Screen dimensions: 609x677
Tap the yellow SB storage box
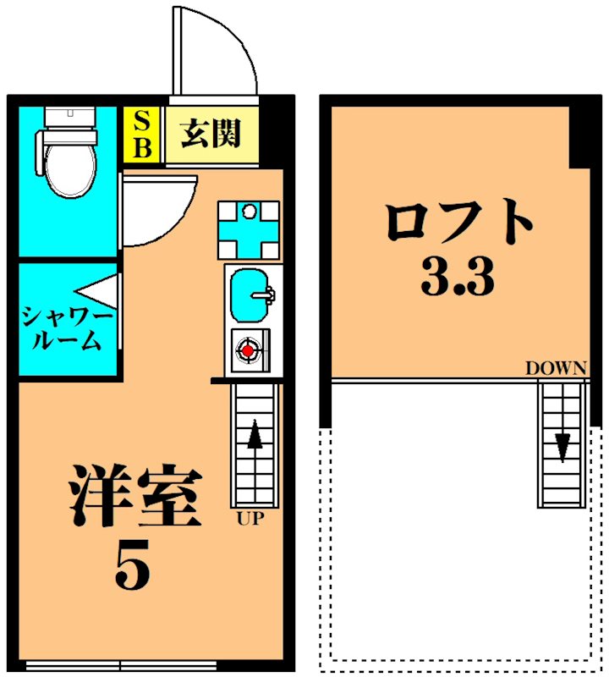click(x=141, y=135)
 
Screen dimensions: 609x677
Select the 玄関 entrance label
click(x=211, y=134)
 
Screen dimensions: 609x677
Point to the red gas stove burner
click(x=248, y=350)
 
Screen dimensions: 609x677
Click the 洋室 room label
click(x=135, y=495)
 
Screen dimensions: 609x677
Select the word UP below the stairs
click(x=250, y=518)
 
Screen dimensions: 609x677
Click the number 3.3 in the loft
click(x=458, y=277)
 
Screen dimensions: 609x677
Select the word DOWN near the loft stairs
click(x=556, y=368)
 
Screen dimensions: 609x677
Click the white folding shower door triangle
click(x=97, y=292)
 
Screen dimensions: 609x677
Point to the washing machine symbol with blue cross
click(x=248, y=230)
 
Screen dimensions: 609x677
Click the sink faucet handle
click(x=265, y=295)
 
